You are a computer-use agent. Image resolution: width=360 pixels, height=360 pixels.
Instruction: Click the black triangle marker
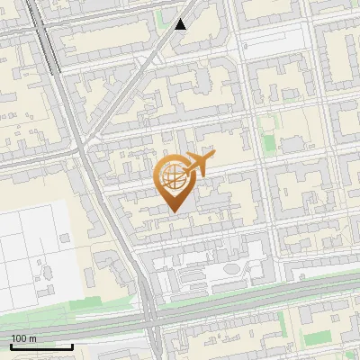181,24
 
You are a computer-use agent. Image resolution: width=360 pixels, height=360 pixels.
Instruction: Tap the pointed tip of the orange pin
173,211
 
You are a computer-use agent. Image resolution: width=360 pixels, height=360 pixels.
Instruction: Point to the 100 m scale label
24,338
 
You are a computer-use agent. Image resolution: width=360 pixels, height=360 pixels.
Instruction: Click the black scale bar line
41,346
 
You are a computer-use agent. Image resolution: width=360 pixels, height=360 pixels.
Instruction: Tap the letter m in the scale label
33,338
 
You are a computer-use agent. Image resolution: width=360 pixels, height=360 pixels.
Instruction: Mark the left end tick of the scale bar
11,345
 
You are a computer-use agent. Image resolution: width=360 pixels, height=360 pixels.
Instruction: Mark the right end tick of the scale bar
72,345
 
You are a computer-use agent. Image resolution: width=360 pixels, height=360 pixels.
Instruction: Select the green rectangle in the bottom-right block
318,340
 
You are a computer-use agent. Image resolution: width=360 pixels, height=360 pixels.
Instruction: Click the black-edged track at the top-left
46,36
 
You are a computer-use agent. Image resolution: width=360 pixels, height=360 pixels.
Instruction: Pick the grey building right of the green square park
293,144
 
